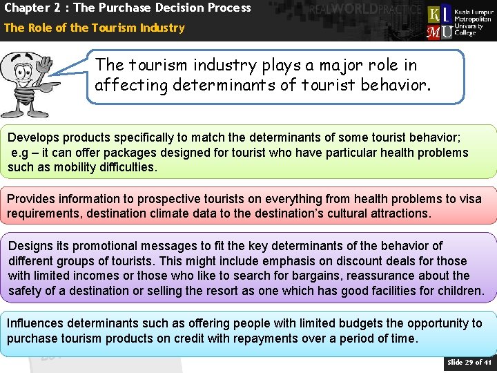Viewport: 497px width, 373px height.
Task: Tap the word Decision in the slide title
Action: click(162, 8)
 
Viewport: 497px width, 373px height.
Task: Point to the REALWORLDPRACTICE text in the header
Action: click(365, 10)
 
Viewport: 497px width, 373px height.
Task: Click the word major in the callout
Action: click(327, 66)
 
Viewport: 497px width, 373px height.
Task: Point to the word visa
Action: click(469, 199)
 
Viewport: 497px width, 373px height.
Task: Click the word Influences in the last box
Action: click(34, 323)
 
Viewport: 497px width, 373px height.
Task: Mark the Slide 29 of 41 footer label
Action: click(469, 362)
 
